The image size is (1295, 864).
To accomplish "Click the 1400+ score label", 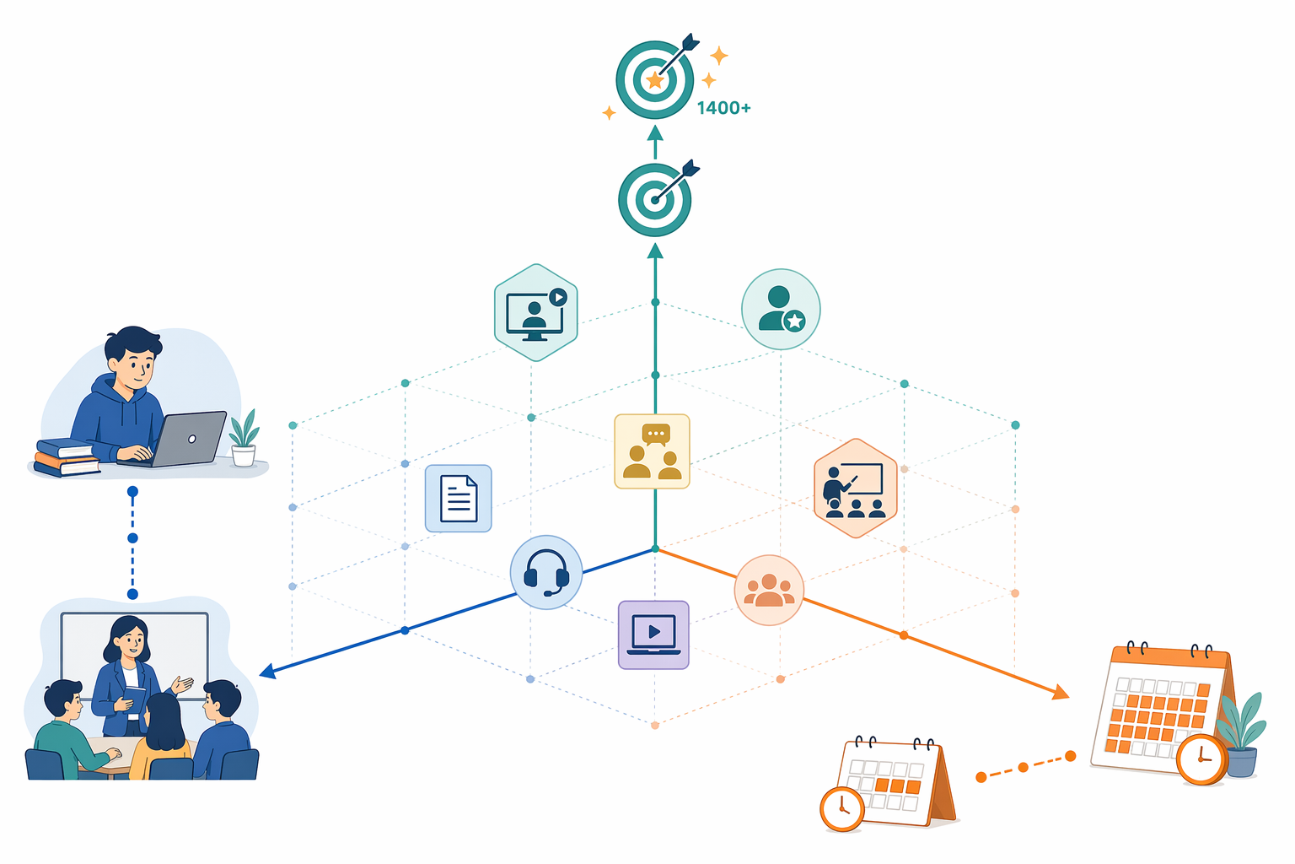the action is coord(723,108).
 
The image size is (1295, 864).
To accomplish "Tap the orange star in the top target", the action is coord(654,80).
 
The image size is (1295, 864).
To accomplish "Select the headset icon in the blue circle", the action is coord(546,572).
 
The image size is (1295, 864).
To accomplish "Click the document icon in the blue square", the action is coord(459,499).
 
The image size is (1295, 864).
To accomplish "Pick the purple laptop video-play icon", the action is coord(653,634).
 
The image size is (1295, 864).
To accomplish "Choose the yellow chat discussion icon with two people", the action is coord(652,451).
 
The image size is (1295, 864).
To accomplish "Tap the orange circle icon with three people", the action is coord(769,591).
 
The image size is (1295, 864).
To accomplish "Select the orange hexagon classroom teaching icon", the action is coord(856,489).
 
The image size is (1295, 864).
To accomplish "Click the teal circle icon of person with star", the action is coord(781,309).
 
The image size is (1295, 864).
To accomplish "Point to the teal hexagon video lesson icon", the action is coord(536,312).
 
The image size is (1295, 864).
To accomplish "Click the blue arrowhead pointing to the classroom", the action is coord(267,672).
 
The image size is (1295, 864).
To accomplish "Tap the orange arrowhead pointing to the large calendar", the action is coord(1061,692).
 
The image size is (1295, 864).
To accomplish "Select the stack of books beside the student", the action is coord(65,458).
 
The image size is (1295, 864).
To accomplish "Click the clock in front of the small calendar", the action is coord(842,808).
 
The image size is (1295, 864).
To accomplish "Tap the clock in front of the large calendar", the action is coord(1202,759).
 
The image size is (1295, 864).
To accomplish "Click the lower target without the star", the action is coord(655,200).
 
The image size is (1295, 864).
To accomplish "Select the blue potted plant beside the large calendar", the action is coord(1242,735).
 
